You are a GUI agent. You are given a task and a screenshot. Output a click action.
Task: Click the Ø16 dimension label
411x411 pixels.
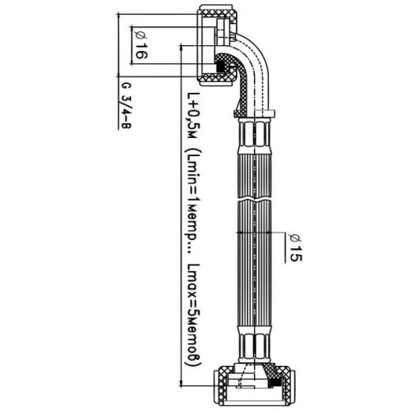(x=141, y=45)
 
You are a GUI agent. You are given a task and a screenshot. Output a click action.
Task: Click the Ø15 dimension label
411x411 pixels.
(x=295, y=247)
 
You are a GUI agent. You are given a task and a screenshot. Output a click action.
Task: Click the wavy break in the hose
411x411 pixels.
(x=255, y=198)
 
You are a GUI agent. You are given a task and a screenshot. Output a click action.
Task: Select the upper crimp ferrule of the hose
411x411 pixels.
(x=255, y=136)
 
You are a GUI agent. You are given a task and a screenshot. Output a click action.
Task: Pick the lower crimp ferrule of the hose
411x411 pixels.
(x=255, y=344)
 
